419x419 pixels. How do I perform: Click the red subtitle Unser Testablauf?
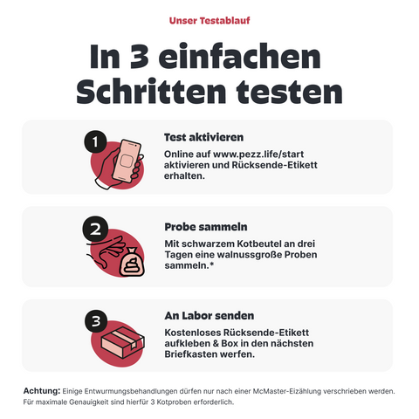(x=209, y=21)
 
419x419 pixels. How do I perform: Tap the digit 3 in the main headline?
(x=140, y=57)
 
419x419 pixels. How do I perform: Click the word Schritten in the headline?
(x=151, y=91)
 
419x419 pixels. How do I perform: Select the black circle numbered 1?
(x=95, y=141)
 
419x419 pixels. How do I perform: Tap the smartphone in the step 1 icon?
(x=127, y=161)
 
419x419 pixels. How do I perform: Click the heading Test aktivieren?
(x=203, y=137)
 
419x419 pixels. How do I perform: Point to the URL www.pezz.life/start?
(x=258, y=155)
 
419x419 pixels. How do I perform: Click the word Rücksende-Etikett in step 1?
(x=274, y=165)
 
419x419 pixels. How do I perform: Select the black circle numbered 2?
(x=95, y=229)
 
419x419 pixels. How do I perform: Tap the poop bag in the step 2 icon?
(x=132, y=263)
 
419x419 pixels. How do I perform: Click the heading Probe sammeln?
(x=206, y=227)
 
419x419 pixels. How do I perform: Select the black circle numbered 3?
(x=96, y=321)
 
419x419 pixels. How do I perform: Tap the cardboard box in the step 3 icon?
(x=123, y=342)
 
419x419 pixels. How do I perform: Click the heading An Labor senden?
(x=209, y=316)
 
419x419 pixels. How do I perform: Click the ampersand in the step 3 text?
(x=216, y=344)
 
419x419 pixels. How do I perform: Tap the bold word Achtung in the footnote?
(x=42, y=391)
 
